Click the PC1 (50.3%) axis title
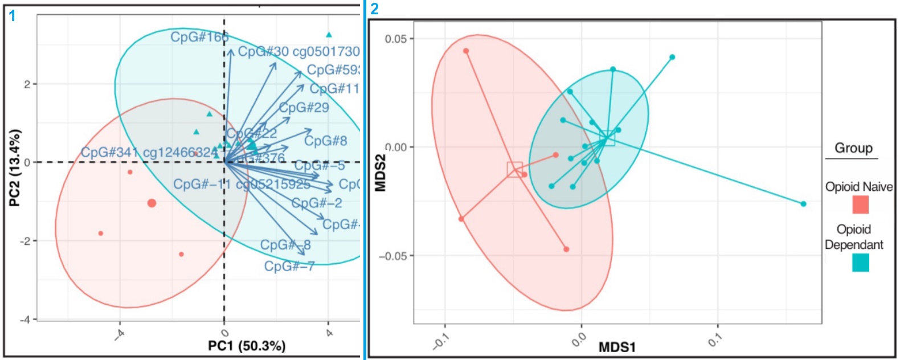(x=247, y=346)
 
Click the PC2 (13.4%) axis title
(x=15, y=167)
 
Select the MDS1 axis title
(x=617, y=347)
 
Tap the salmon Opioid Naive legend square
(x=860, y=204)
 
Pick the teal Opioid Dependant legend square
(x=860, y=263)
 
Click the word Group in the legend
(x=853, y=148)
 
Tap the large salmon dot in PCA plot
(x=152, y=203)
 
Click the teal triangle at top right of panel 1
(x=329, y=35)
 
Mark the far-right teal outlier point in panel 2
(x=803, y=204)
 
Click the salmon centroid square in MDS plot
(x=514, y=169)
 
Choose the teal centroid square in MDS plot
(x=607, y=138)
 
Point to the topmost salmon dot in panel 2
(x=466, y=51)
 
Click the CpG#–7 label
(x=289, y=266)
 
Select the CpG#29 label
(x=304, y=108)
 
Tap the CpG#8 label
(x=325, y=141)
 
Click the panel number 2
(x=374, y=9)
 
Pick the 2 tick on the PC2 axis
(x=27, y=84)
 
